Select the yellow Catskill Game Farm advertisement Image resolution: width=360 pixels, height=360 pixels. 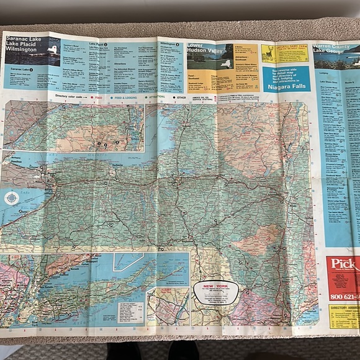tap(284, 53)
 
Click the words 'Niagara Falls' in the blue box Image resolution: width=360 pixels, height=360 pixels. tap(286, 88)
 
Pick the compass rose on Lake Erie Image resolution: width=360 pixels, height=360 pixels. tap(11, 199)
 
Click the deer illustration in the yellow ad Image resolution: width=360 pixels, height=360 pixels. tap(268, 53)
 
